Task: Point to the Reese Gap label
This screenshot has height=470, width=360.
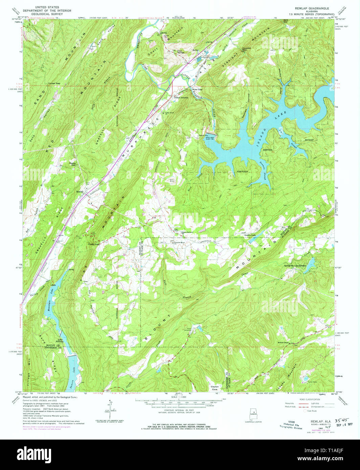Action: (73, 164)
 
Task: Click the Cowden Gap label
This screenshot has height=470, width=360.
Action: (247, 49)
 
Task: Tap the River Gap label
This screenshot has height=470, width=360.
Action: (197, 90)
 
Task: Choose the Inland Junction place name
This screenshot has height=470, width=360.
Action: (181, 97)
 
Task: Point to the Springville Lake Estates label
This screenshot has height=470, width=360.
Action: (295, 265)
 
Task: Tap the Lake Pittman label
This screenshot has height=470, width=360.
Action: (60, 340)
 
